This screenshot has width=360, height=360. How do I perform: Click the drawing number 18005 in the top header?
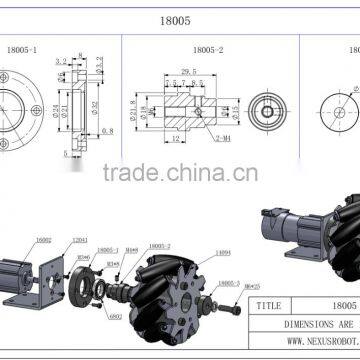tap(179, 18)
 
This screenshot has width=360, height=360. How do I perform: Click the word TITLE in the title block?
tap(269, 304)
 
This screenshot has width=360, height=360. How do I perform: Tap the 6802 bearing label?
tap(89, 317)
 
